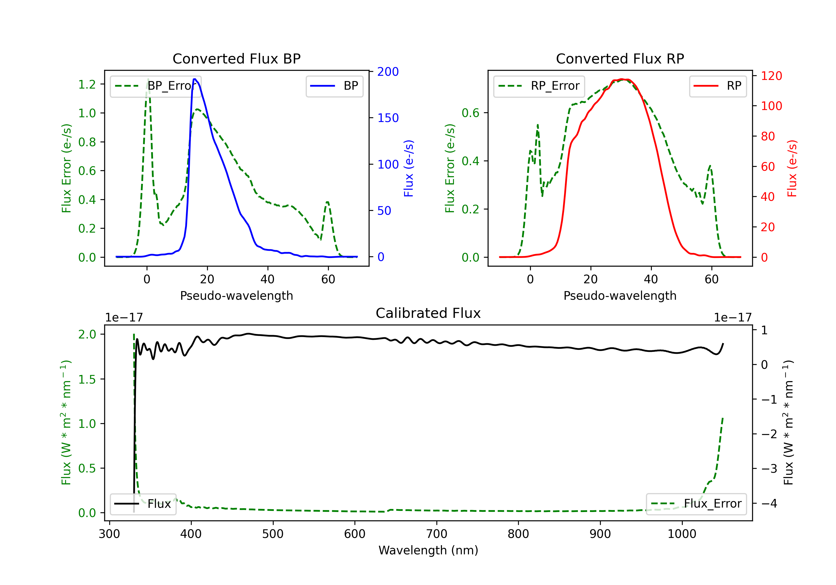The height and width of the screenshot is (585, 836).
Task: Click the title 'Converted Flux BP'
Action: (236, 58)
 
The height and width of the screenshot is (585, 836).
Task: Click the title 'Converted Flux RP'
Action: (620, 58)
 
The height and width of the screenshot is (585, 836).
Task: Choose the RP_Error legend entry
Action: (539, 86)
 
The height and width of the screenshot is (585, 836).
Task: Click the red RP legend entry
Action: (718, 86)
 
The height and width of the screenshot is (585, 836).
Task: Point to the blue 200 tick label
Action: (388, 72)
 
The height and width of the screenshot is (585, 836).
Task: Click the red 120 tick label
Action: (771, 76)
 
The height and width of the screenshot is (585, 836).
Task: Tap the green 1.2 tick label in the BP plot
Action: (87, 84)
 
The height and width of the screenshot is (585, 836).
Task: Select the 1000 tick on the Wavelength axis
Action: (682, 534)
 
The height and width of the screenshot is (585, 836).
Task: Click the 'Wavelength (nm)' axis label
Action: (428, 550)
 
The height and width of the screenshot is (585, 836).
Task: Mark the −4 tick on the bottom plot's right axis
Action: (769, 503)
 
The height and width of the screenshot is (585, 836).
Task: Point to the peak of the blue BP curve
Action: (195, 79)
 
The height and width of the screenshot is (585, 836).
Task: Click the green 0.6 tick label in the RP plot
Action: (470, 113)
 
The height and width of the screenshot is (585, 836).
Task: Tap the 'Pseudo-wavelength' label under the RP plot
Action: (620, 296)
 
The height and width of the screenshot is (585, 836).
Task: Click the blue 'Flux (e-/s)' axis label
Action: (409, 169)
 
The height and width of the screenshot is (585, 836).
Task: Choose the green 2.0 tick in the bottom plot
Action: (87, 334)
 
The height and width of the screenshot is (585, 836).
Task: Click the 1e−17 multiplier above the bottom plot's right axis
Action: (733, 318)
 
